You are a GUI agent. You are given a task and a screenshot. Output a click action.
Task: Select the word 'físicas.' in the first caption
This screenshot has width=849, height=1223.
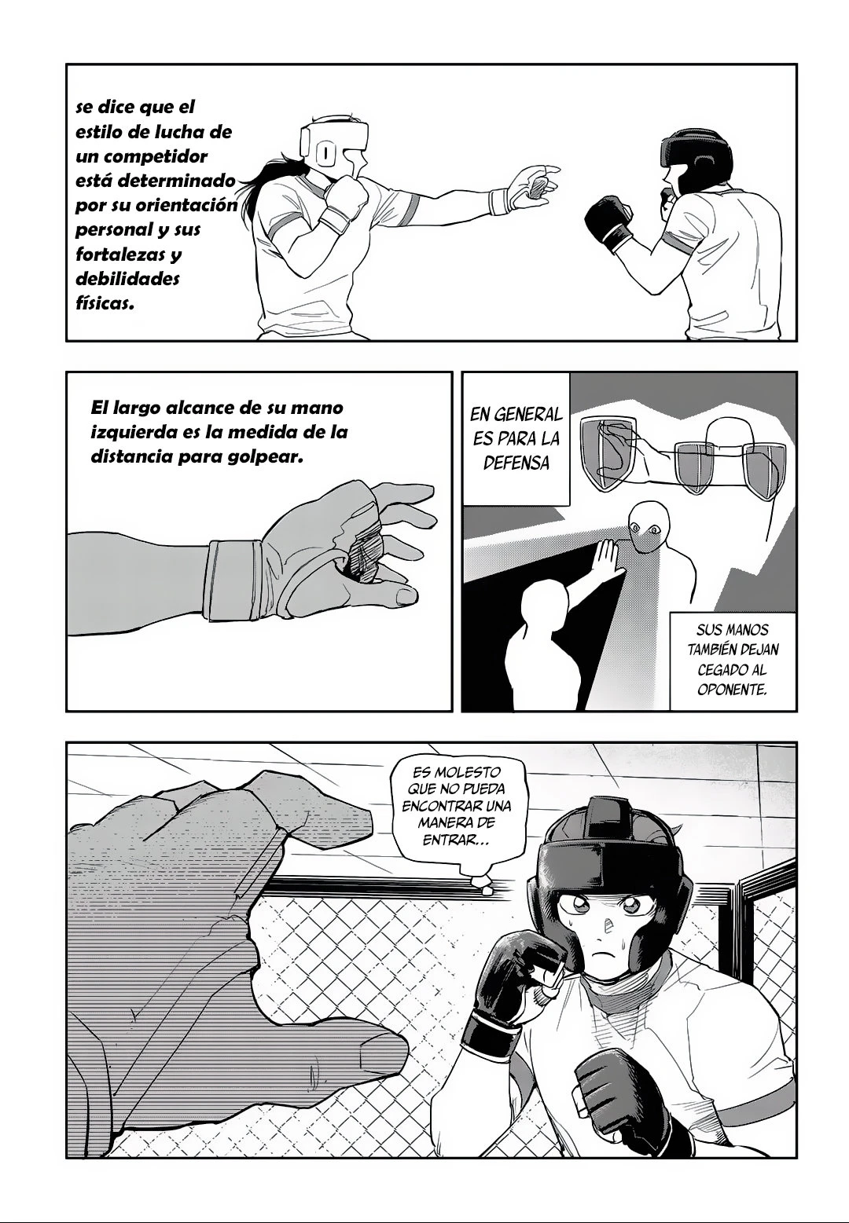(x=105, y=304)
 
